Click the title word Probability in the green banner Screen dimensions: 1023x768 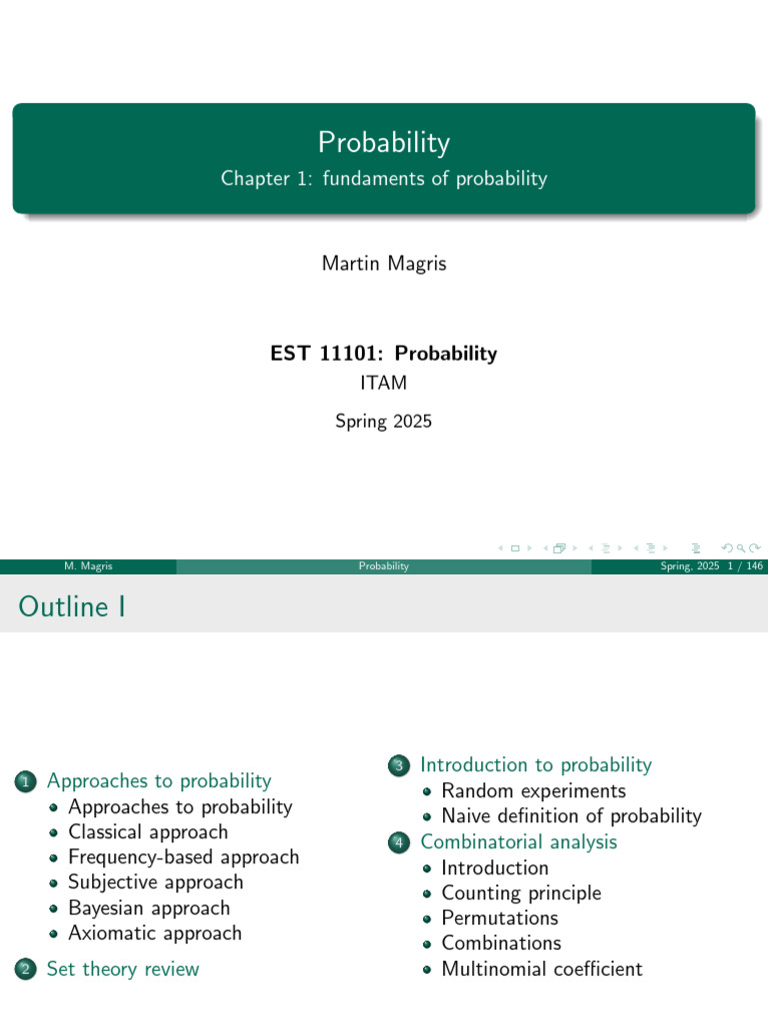point(384,143)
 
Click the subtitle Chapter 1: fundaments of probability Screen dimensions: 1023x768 point(384,179)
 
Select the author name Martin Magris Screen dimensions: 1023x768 point(384,264)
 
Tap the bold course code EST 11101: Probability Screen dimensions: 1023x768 point(384,354)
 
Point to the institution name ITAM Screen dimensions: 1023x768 point(384,383)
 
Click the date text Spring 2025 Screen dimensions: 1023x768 point(384,422)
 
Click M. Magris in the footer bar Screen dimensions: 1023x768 point(87,566)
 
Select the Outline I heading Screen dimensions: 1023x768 point(71,606)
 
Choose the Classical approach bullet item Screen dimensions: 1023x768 point(148,832)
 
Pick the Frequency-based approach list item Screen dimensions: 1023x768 point(183,857)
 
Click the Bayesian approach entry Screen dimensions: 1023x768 point(149,908)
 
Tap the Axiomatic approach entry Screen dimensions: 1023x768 point(155,933)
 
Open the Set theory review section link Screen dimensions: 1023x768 point(123,969)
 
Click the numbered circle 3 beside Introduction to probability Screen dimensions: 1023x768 point(399,766)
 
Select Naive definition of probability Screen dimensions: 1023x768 point(571,816)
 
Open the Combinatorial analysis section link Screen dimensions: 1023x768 point(518,842)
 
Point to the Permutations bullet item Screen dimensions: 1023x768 point(500,918)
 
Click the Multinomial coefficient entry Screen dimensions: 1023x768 point(541,969)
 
